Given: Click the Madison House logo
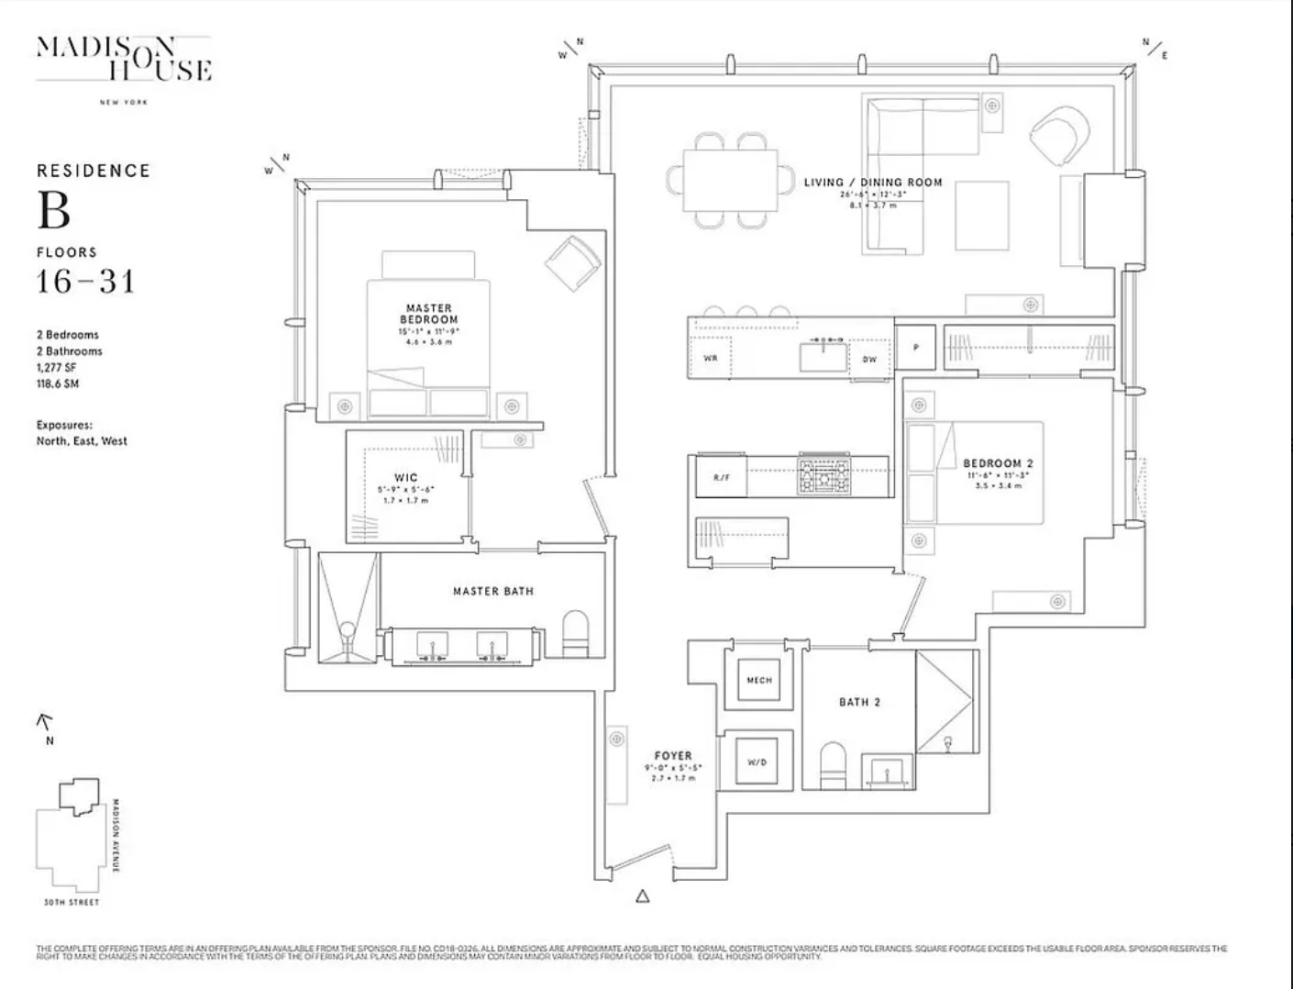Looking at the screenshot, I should tap(124, 60).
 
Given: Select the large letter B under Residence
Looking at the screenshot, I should tap(53, 210).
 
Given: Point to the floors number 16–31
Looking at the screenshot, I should tap(85, 281).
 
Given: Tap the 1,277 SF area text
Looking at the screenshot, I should tap(57, 367).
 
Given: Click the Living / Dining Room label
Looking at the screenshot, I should tap(873, 183).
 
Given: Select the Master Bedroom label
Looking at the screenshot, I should tap(428, 314).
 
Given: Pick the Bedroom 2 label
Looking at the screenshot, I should tap(998, 463).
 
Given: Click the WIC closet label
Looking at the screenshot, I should tap(405, 477).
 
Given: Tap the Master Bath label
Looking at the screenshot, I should tap(492, 592).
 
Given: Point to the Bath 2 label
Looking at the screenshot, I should tap(859, 702).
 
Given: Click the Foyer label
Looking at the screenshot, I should tap(673, 756).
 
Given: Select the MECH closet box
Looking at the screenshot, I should tap(759, 680).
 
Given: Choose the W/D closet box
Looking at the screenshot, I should tap(757, 761).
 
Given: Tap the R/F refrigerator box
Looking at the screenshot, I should tap(722, 478).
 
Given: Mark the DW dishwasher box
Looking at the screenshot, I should tap(869, 359).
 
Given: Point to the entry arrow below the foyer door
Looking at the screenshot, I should tap(643, 896).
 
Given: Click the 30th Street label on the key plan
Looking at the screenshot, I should tap(72, 903).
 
